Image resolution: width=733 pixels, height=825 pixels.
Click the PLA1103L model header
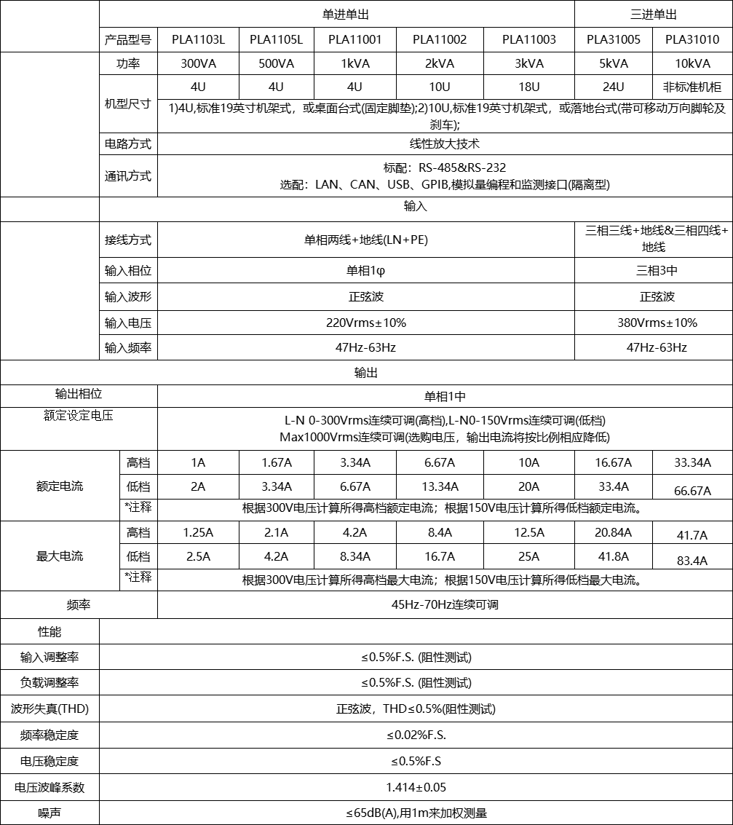pos(198,40)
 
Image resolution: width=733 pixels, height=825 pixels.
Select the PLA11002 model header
pos(440,40)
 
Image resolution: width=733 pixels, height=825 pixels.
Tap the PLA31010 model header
pos(692,40)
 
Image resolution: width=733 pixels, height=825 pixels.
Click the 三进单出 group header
pos(653,15)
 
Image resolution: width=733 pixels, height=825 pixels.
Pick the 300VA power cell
pos(198,64)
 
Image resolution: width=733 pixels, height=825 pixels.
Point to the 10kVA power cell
pos(692,64)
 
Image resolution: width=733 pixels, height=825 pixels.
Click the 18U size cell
pos(528,87)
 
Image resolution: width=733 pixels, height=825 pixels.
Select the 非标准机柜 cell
pos(692,87)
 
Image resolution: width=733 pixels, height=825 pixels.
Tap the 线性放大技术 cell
pos(445,144)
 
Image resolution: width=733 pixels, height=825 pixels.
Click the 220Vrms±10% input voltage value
pos(365,323)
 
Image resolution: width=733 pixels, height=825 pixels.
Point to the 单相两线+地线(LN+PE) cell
pos(365,240)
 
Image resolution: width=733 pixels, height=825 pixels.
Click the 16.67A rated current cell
pos(613,463)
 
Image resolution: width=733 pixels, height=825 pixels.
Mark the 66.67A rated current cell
pos(692,491)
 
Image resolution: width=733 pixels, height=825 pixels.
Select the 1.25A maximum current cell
pos(198,533)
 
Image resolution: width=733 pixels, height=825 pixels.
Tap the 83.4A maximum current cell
pos(692,561)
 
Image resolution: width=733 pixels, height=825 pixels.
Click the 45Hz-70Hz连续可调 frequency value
pos(445,605)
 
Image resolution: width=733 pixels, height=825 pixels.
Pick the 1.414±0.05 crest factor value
pos(416,787)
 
